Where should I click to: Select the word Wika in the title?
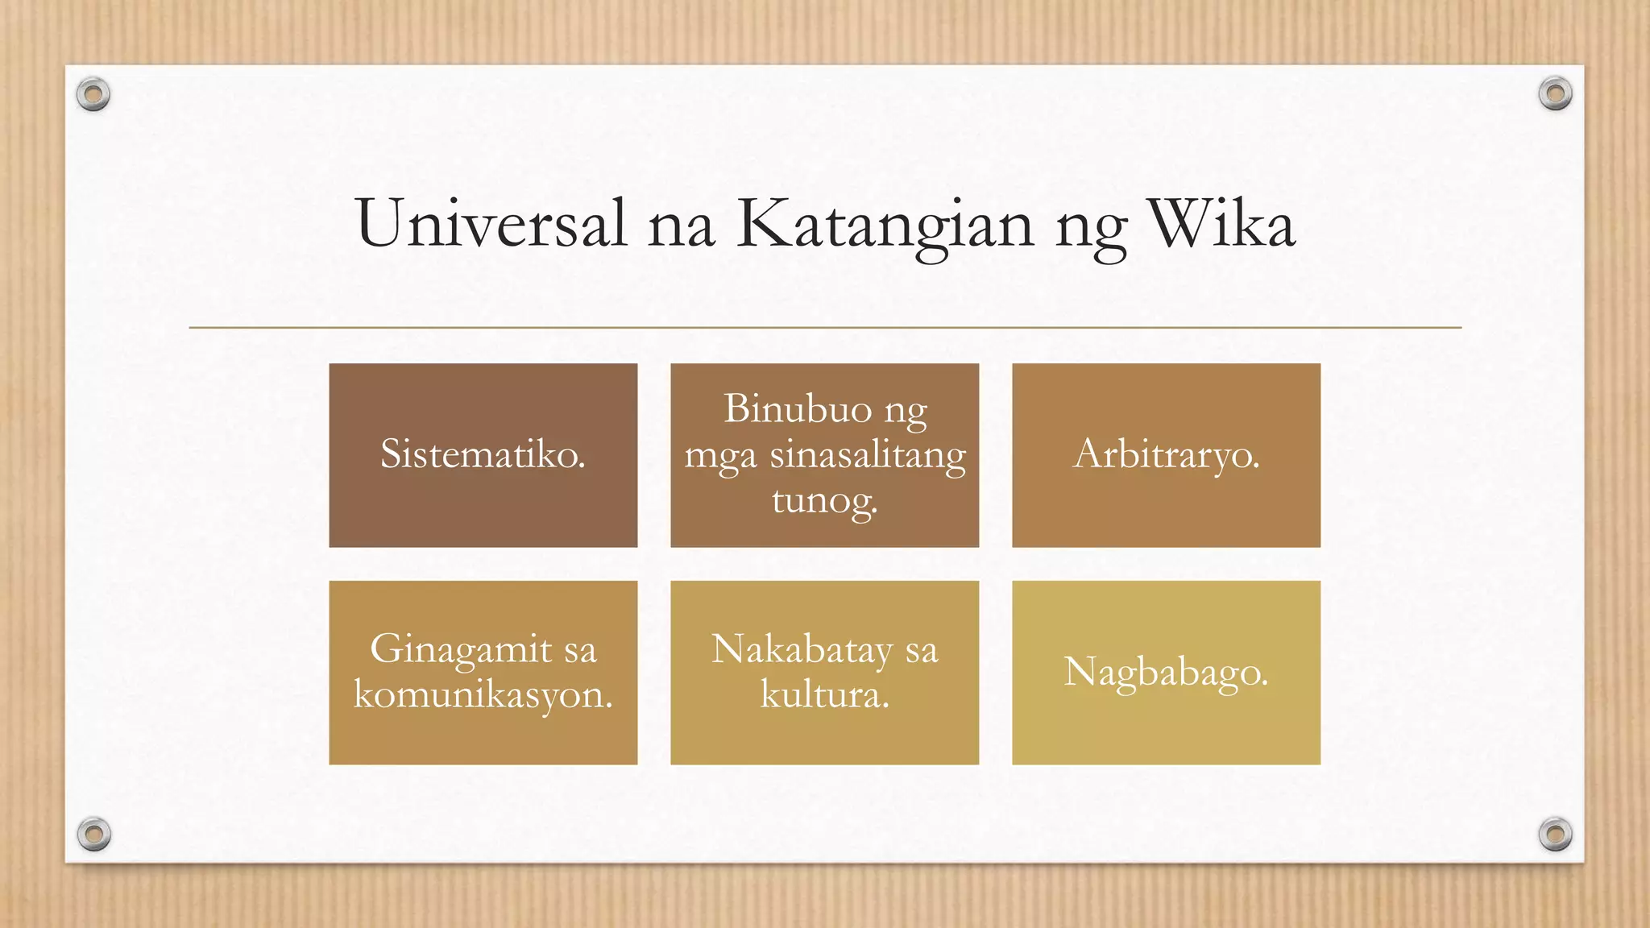(x=1221, y=224)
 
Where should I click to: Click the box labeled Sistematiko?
(x=483, y=455)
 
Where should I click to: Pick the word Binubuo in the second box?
(x=798, y=408)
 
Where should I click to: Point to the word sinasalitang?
(x=868, y=456)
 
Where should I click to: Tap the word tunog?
(x=823, y=501)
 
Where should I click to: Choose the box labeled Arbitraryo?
(x=1166, y=455)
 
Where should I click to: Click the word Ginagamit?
(x=461, y=650)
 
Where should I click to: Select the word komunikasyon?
(x=483, y=695)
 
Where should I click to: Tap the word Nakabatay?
(x=802, y=650)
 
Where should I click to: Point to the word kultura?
(x=824, y=695)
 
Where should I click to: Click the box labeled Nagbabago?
(x=1166, y=672)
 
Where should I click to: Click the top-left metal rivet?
(x=93, y=95)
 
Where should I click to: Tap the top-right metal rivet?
(x=1555, y=94)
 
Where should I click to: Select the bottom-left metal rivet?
(x=93, y=834)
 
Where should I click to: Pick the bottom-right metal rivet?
(x=1555, y=834)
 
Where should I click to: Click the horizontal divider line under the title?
(x=825, y=328)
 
